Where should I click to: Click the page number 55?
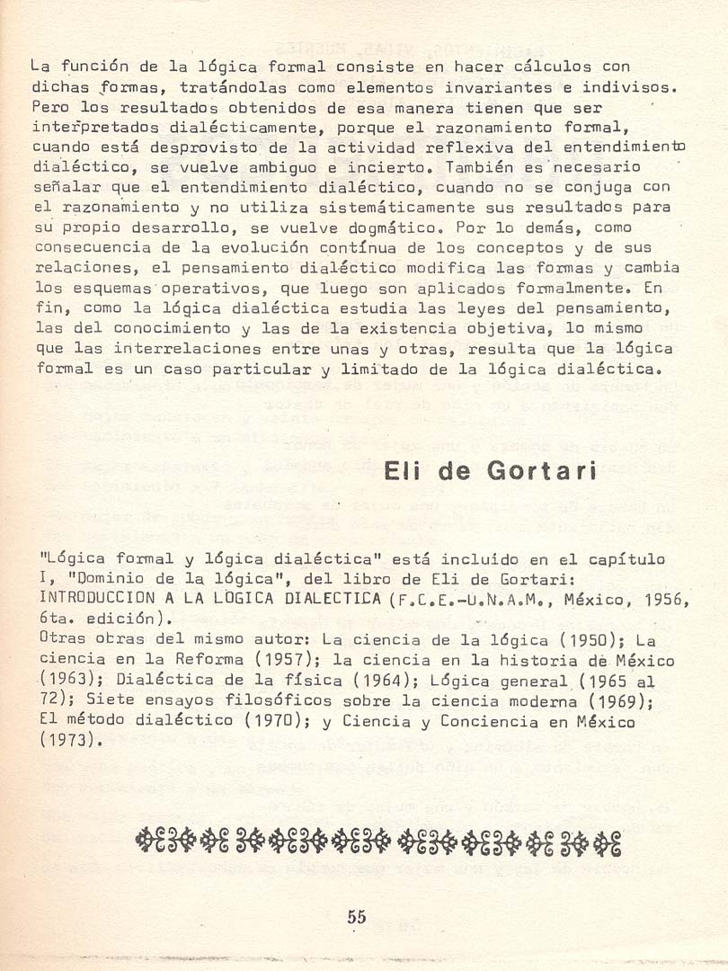coord(357,918)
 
